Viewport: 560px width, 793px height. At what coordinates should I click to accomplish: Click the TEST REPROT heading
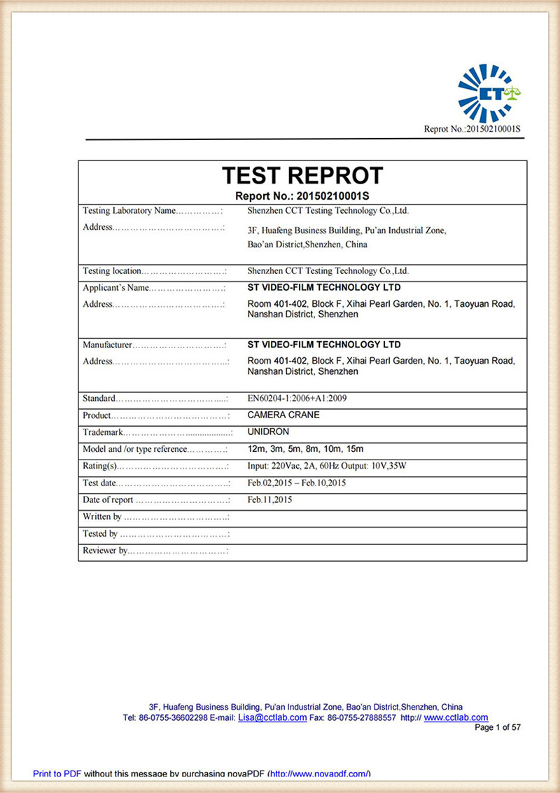click(x=302, y=175)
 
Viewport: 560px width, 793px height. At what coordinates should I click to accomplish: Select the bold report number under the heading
click(x=302, y=195)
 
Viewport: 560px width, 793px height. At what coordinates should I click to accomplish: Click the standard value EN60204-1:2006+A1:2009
click(x=297, y=399)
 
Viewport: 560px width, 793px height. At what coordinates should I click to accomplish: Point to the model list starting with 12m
click(x=306, y=448)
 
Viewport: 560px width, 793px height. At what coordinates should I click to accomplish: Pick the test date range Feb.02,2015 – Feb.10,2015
click(x=297, y=483)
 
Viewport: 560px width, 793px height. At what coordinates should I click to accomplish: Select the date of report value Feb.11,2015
click(x=269, y=499)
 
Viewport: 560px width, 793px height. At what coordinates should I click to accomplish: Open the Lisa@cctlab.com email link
click(x=272, y=718)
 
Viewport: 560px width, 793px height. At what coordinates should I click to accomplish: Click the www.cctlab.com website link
click(x=456, y=718)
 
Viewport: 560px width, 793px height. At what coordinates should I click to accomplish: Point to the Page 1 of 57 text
click(x=498, y=728)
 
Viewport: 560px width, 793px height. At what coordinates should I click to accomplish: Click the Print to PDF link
click(x=57, y=773)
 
